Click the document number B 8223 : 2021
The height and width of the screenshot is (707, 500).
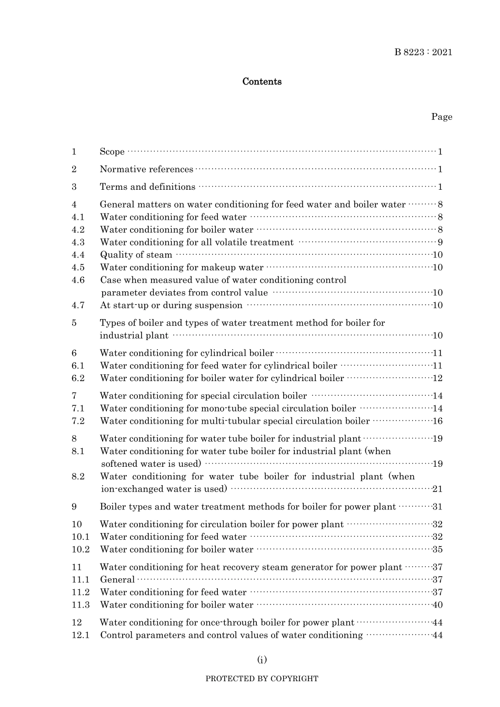tap(423, 52)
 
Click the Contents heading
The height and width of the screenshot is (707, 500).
tap(262, 81)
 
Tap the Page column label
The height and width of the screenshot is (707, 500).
tap(442, 117)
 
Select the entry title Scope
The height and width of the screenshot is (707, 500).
tap(112, 152)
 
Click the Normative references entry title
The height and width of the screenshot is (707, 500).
tap(146, 169)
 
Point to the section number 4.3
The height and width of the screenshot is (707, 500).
tap(78, 242)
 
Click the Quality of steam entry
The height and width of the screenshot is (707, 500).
tap(136, 255)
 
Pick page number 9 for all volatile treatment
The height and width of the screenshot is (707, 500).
tap(440, 242)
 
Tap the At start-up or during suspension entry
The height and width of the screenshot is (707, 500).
tap(171, 305)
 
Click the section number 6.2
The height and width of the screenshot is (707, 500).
tap(78, 378)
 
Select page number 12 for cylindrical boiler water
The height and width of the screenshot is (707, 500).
tap(437, 378)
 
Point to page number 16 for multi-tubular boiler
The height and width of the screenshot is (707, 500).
tap(437, 421)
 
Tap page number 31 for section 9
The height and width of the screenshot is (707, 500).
tap(437, 507)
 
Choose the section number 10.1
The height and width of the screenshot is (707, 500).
tap(81, 537)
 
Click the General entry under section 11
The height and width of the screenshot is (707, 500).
tap(117, 580)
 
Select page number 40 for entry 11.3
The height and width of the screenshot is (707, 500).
tap(437, 605)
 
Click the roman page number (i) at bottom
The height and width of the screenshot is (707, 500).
tap(262, 660)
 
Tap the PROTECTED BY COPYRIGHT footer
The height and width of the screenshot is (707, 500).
tap(262, 679)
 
